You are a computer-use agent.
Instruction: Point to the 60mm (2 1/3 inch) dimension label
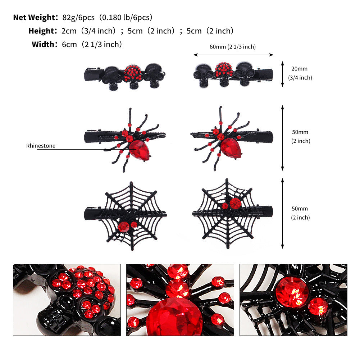233,47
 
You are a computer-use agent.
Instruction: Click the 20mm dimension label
300,69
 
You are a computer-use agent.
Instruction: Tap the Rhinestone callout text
41,146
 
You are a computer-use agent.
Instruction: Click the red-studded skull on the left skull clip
132,73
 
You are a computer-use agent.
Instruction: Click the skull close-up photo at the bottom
67,300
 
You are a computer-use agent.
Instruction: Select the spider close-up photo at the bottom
180,300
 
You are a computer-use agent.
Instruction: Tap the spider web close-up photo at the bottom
293,300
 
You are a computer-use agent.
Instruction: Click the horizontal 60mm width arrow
233,55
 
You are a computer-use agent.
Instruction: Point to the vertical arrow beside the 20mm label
283,74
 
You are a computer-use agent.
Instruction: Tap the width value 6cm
69,45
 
